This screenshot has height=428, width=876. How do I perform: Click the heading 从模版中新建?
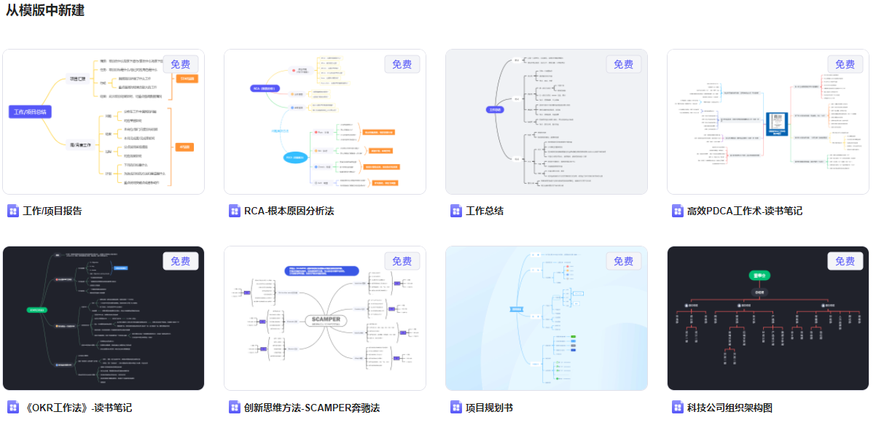click(45, 11)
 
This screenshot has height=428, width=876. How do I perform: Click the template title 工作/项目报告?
click(52, 211)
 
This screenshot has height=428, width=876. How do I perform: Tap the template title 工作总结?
click(485, 211)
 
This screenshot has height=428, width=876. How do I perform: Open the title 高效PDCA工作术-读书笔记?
click(744, 211)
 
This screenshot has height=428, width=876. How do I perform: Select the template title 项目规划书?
click(489, 408)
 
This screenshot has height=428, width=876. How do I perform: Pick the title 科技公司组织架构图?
click(729, 408)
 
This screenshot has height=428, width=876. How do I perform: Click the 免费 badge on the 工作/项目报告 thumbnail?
click(181, 64)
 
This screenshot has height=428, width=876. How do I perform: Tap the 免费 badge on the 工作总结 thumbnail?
click(623, 64)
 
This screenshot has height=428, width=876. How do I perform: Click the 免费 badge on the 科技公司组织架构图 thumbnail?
click(845, 261)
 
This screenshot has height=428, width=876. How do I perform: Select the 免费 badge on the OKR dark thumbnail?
click(181, 261)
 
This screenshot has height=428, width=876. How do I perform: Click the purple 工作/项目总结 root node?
click(31, 112)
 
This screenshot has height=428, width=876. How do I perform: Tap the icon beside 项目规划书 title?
click(455, 408)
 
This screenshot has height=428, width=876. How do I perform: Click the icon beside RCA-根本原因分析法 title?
click(234, 211)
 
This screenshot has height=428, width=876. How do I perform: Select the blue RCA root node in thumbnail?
click(262, 89)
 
